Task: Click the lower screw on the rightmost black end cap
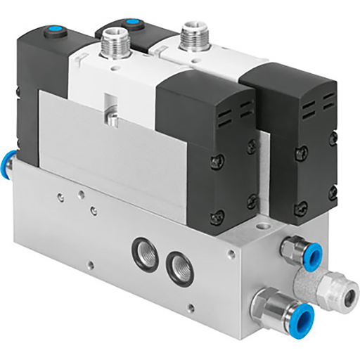pyautogui.click(x=302, y=207)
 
